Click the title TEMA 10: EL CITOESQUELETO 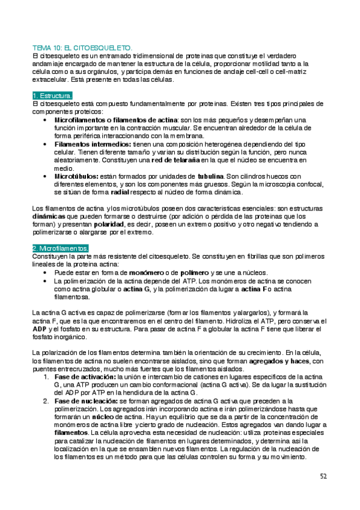point(85,47)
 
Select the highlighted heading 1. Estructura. point(53,96)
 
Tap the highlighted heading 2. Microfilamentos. point(61,248)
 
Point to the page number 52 point(323,476)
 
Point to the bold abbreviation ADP point(38,329)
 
